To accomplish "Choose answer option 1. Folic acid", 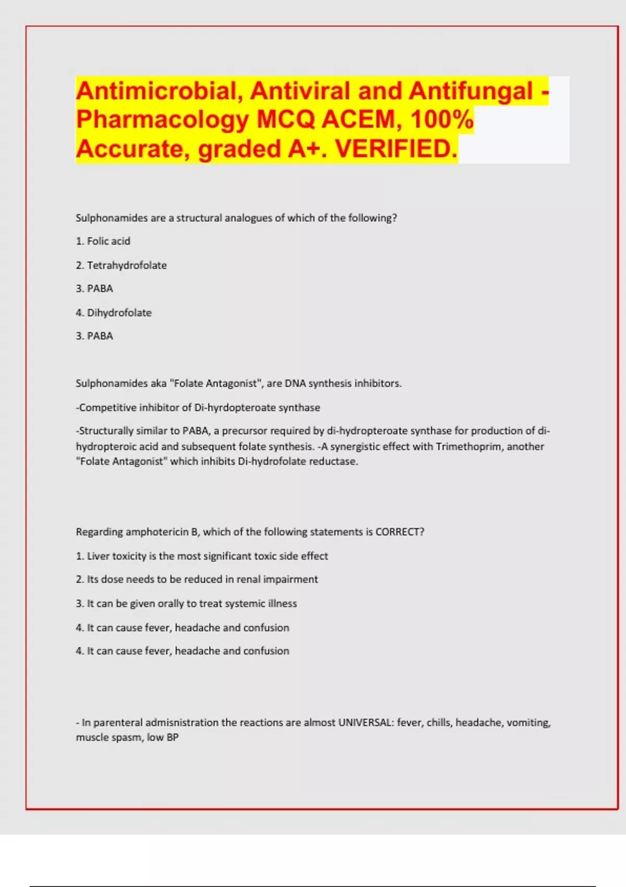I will [103, 241].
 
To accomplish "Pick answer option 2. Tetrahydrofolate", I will [122, 265].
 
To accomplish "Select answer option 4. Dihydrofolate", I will [114, 313].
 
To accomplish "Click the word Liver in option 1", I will [98, 556].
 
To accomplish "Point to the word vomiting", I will [528, 723].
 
